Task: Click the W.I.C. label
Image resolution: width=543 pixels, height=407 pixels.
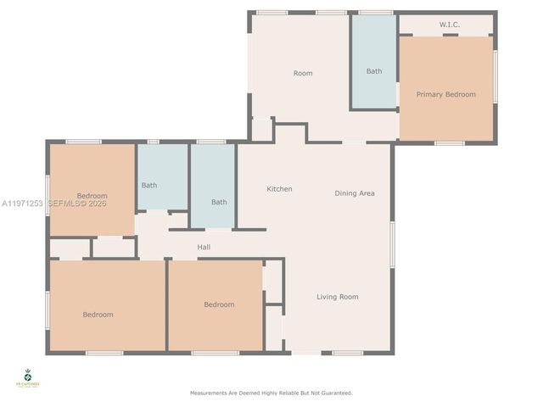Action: point(449,25)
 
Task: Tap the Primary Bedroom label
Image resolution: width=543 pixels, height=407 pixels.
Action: point(445,94)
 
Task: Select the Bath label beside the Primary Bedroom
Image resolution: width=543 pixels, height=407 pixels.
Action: point(374,71)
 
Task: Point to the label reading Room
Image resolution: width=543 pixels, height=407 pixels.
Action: point(303,73)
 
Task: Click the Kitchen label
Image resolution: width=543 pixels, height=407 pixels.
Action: point(279,189)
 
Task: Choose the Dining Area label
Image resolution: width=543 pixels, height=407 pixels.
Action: point(355,193)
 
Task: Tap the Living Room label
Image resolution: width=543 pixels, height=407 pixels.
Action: point(338,297)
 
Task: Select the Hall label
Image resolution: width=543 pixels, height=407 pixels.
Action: point(204,248)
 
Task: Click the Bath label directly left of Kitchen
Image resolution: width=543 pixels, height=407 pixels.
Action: point(219,202)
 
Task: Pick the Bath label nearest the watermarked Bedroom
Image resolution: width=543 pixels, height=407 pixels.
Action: point(149,185)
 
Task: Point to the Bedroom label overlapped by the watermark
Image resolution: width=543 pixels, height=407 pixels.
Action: point(92,196)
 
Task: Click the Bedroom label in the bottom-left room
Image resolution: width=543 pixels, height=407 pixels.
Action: point(98,315)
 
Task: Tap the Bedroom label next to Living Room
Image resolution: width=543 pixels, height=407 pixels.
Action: point(219,304)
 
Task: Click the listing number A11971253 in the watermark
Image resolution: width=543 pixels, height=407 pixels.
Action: point(21,203)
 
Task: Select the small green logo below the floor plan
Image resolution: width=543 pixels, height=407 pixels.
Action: point(27,377)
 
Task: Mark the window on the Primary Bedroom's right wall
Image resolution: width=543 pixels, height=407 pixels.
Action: point(495,76)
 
